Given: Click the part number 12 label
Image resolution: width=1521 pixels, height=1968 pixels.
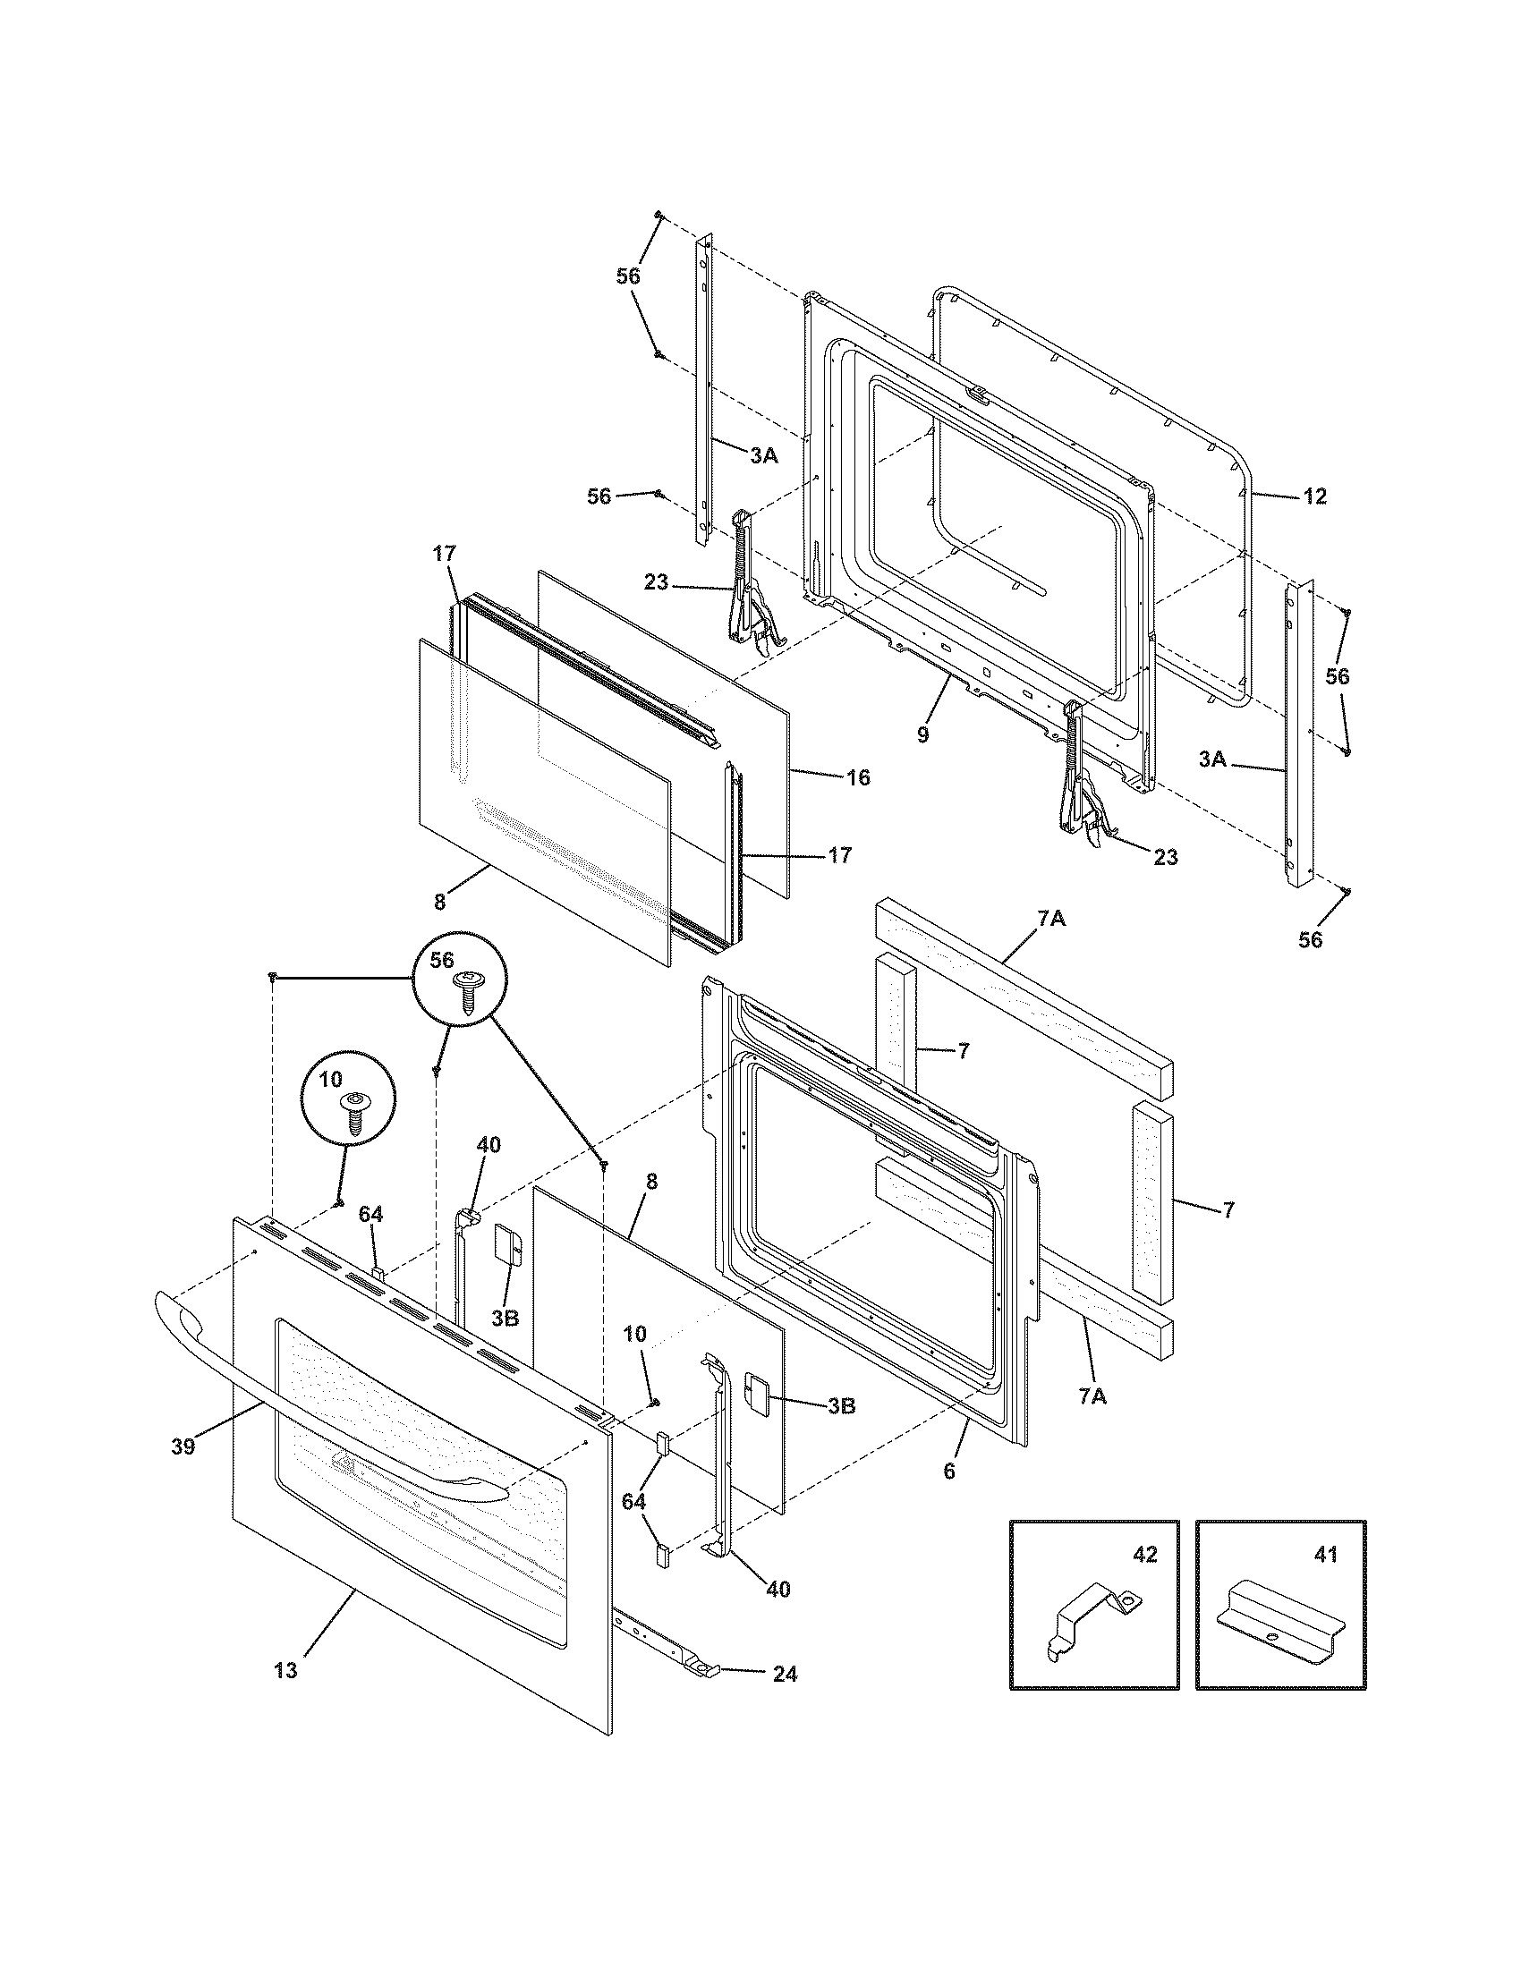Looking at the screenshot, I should [1314, 496].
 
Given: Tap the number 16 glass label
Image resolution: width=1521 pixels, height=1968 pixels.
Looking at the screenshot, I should [858, 777].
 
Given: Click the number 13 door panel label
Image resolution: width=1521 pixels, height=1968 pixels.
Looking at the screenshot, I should [285, 1671].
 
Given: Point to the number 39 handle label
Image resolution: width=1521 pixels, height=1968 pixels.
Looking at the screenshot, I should [183, 1448].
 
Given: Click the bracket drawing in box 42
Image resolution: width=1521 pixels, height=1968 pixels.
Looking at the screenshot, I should [1094, 1632].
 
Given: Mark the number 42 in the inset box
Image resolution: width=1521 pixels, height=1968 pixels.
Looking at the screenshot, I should [1144, 1555].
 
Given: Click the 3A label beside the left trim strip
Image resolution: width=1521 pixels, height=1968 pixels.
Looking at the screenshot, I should [763, 456].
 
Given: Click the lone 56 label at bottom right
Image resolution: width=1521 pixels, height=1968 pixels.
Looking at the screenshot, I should [1310, 940].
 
